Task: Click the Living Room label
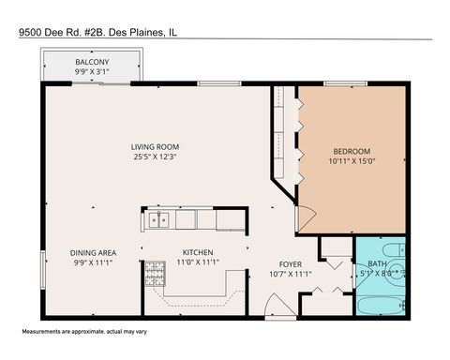(x=156, y=147)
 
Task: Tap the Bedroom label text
(x=352, y=152)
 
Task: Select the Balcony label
(x=92, y=61)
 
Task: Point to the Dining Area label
(x=93, y=253)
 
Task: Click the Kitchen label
(x=197, y=253)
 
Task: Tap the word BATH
(x=377, y=264)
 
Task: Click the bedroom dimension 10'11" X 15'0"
(x=352, y=162)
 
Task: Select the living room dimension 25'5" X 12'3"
(x=156, y=157)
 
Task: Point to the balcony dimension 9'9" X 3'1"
(x=92, y=71)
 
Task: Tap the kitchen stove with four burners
(x=154, y=275)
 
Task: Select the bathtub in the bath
(x=380, y=305)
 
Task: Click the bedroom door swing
(x=304, y=218)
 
